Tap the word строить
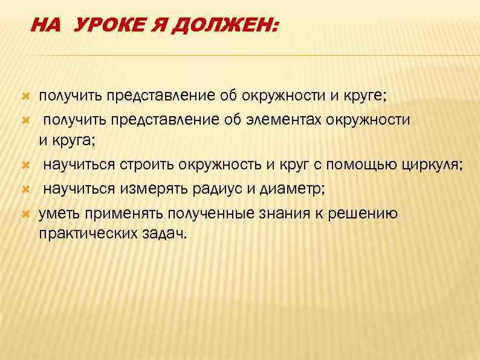(x=145, y=164)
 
